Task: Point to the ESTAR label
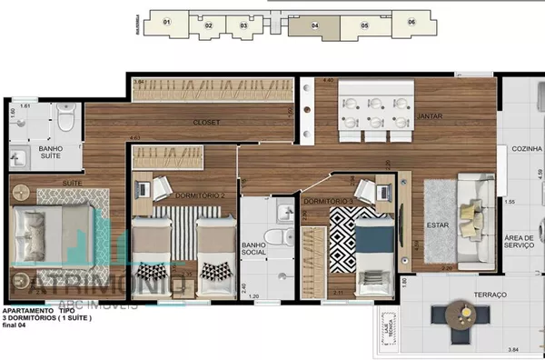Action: (x=440, y=225)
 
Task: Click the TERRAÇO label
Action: (x=465, y=295)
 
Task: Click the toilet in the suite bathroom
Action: (x=64, y=120)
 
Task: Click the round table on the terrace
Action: (x=453, y=317)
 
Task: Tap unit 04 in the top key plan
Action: (x=314, y=25)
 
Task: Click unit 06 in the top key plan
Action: (x=411, y=22)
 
